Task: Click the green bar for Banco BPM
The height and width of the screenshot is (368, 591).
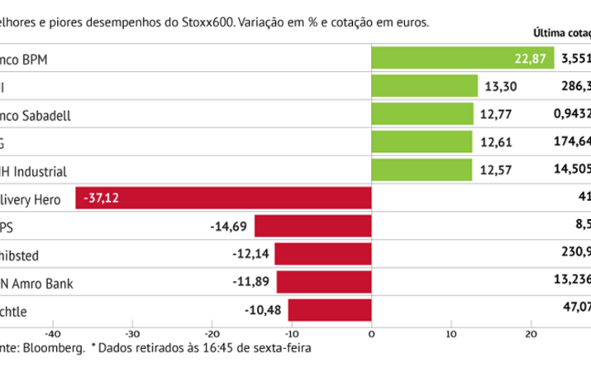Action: point(463,59)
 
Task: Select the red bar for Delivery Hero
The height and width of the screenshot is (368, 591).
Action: point(223,198)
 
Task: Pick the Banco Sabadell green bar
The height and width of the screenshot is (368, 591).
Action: point(422,114)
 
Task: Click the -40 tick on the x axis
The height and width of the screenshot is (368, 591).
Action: point(52,334)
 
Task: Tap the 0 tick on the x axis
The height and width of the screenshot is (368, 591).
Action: point(371,334)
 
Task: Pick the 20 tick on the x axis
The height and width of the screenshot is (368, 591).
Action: point(531,334)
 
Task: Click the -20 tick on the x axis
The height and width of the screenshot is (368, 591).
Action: point(212,334)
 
